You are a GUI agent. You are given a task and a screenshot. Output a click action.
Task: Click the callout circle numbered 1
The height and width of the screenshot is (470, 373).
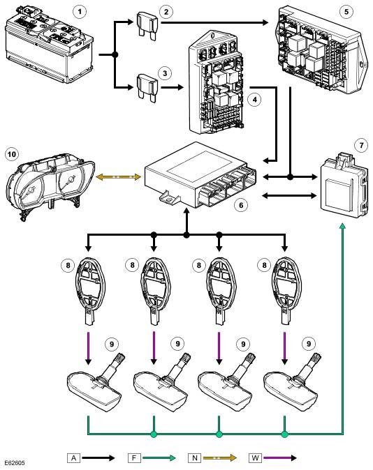[80, 12]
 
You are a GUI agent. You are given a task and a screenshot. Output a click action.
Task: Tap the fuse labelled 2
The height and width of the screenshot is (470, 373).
[147, 26]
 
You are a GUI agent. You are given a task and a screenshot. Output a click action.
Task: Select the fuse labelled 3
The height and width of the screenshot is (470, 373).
[147, 89]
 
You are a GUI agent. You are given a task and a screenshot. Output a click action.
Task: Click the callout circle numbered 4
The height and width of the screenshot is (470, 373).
[255, 99]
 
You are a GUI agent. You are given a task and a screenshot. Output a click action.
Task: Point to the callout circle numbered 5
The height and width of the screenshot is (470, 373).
[346, 12]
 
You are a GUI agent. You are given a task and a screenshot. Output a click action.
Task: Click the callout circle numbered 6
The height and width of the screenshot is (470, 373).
[241, 205]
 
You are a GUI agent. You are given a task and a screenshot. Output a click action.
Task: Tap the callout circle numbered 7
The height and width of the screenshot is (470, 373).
[361, 146]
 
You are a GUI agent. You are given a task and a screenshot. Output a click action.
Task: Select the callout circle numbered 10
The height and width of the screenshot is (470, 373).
[12, 154]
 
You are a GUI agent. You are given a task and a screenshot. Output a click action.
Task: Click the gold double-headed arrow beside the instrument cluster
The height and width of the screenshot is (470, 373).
[118, 177]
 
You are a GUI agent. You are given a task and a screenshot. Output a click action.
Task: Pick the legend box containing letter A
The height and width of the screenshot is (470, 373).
[73, 458]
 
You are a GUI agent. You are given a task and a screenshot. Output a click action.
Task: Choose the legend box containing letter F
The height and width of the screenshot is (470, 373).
[134, 458]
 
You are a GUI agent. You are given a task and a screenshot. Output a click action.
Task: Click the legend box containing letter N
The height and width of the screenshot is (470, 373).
[195, 458]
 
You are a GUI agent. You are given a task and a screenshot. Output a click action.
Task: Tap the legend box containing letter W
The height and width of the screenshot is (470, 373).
[255, 458]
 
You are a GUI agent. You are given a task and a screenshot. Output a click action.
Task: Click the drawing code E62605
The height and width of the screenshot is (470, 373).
[15, 463]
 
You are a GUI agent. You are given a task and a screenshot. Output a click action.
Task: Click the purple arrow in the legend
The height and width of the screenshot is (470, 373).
[279, 458]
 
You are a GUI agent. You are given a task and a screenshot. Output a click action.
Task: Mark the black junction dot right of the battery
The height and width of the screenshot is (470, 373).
[115, 55]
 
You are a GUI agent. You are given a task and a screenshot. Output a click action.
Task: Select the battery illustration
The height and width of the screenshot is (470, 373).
[50, 44]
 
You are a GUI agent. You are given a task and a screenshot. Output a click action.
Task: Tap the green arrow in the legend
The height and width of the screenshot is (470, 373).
[159, 458]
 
